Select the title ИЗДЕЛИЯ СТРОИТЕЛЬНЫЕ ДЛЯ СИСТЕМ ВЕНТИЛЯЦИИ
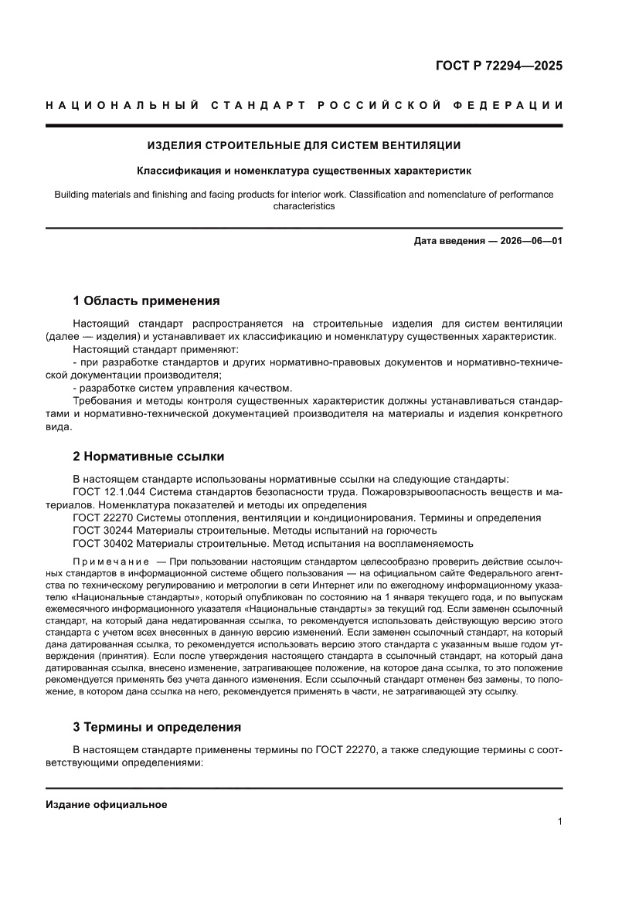304,144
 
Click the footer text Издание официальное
107,805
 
